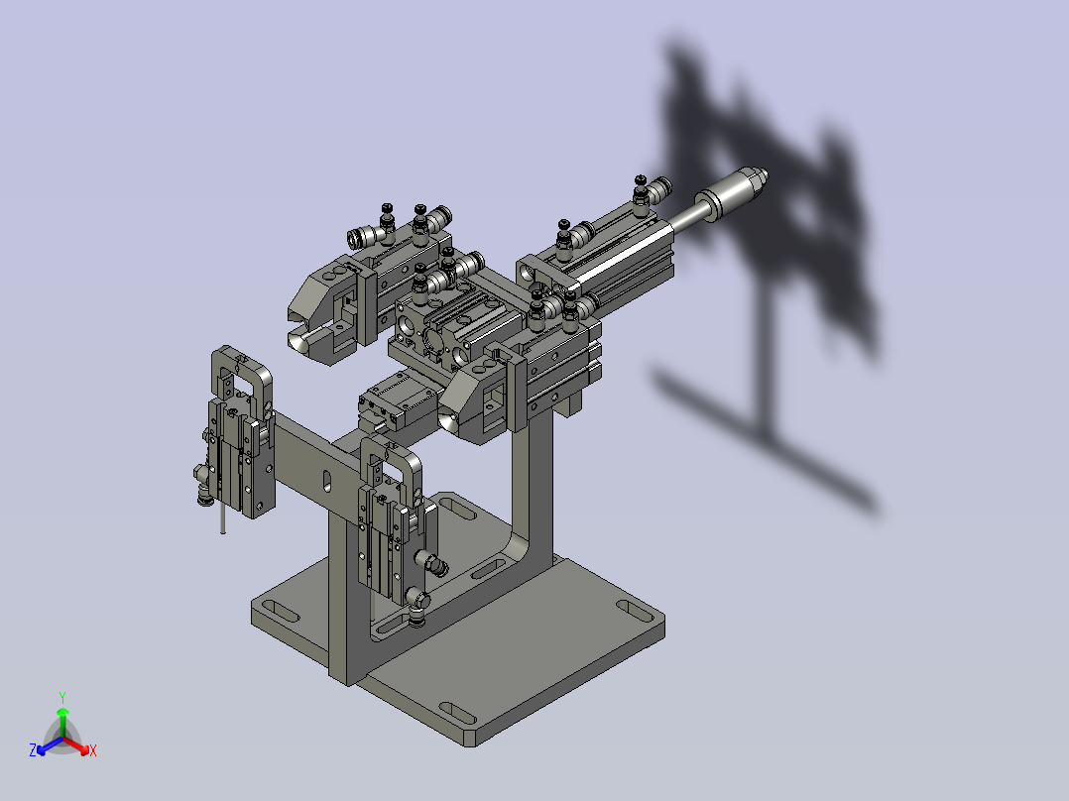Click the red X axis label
pos(93,750)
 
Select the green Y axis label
pos(62,697)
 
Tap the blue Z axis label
pos(33,750)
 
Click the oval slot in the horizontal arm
pos(326,480)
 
